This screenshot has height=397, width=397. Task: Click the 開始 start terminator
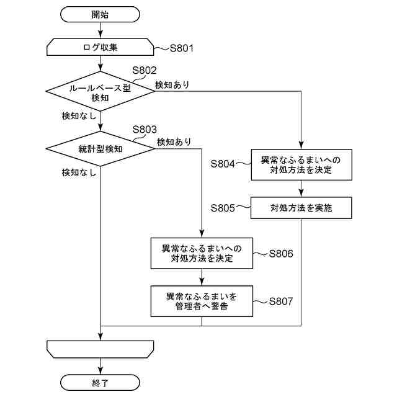pyautogui.click(x=100, y=14)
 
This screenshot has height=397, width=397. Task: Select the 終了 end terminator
pyautogui.click(x=100, y=383)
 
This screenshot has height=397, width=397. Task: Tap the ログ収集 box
pyautogui.click(x=100, y=47)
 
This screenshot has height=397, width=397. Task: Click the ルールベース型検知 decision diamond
pyautogui.click(x=100, y=91)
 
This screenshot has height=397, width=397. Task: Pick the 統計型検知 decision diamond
pyautogui.click(x=100, y=149)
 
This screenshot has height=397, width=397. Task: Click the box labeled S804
pyautogui.click(x=301, y=165)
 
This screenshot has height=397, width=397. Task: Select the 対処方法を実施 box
pyautogui.click(x=301, y=208)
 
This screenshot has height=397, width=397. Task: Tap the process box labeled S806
pyautogui.click(x=202, y=253)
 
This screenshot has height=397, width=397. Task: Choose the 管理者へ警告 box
pyautogui.click(x=202, y=301)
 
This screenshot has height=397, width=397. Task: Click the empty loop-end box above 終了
pyautogui.click(x=100, y=349)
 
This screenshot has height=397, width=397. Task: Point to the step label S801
pyautogui.click(x=182, y=48)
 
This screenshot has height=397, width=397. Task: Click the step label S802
pyautogui.click(x=145, y=70)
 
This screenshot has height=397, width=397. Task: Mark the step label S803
pyautogui.click(x=145, y=130)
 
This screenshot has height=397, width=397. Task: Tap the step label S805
pyautogui.click(x=223, y=208)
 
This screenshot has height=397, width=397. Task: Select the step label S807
pyautogui.click(x=281, y=301)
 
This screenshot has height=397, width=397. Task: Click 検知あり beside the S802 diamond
pyautogui.click(x=172, y=85)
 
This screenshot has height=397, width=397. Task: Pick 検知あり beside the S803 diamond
pyautogui.click(x=174, y=142)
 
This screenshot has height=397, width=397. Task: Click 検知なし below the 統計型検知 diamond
pyautogui.click(x=79, y=172)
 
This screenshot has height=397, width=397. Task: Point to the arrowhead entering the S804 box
pyautogui.click(x=301, y=145)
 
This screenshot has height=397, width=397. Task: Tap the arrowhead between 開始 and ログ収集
pyautogui.click(x=100, y=34)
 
